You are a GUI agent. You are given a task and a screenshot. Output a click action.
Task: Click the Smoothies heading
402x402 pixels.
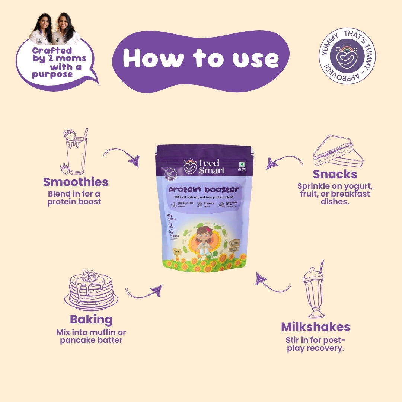click(76, 182)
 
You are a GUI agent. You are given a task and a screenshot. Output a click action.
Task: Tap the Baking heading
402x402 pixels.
click(91, 319)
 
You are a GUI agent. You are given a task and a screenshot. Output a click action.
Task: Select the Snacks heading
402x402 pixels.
click(335, 174)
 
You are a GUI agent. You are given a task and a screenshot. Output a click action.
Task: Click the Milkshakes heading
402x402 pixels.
click(315, 327)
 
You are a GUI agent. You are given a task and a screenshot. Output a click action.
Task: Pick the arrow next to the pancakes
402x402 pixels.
click(144, 291)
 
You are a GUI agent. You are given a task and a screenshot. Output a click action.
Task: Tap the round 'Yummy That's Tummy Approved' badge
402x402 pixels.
click(347, 56)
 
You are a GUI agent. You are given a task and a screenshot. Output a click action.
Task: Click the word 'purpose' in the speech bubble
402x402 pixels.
click(52, 74)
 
